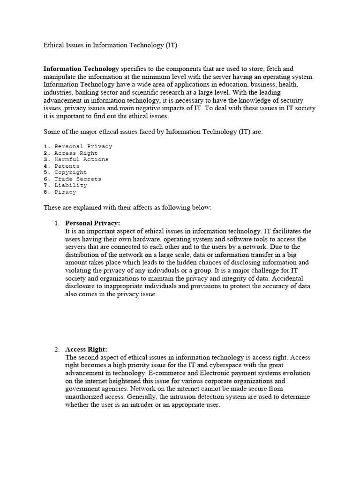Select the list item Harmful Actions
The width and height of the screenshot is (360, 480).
[x=81, y=159]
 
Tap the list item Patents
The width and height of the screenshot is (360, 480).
[x=67, y=166]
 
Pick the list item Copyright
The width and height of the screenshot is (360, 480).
[x=70, y=172]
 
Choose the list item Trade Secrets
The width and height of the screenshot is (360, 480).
[x=77, y=179]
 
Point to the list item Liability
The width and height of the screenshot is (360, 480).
[x=71, y=186]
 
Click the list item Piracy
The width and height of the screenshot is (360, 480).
[x=65, y=192]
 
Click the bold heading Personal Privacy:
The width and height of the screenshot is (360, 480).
[x=92, y=223]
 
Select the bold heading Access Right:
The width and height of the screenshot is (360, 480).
[x=86, y=349]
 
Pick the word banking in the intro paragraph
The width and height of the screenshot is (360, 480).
[x=84, y=92]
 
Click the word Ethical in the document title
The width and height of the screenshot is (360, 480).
[x=54, y=45]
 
